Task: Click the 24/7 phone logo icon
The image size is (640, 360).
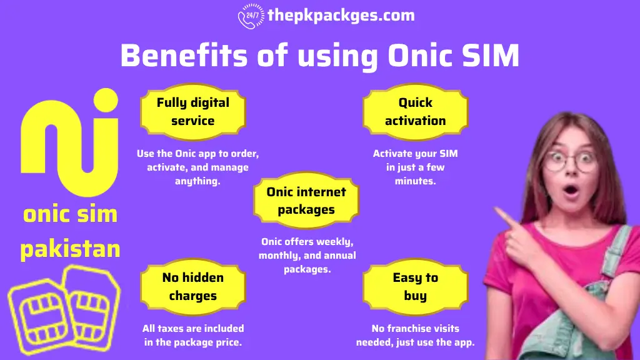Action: coord(250,16)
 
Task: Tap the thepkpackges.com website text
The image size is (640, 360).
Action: coord(341,15)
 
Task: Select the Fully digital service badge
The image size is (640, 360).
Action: coord(192,111)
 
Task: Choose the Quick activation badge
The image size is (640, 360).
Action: coord(415,111)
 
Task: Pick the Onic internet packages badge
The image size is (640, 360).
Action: coord(306,201)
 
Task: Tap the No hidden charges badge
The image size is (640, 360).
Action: coord(192,286)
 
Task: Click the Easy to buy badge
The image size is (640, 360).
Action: coord(415,286)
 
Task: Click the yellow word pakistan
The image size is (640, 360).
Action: coord(70,249)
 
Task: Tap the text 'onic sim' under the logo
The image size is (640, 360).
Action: coord(70,214)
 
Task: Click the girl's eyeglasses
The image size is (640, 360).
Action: coord(570,161)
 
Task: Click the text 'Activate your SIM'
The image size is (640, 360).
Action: coord(415,153)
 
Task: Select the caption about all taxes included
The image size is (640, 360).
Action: coord(192,335)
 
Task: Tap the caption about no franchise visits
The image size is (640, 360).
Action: coord(415,335)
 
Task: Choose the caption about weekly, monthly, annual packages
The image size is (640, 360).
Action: coord(307,255)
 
